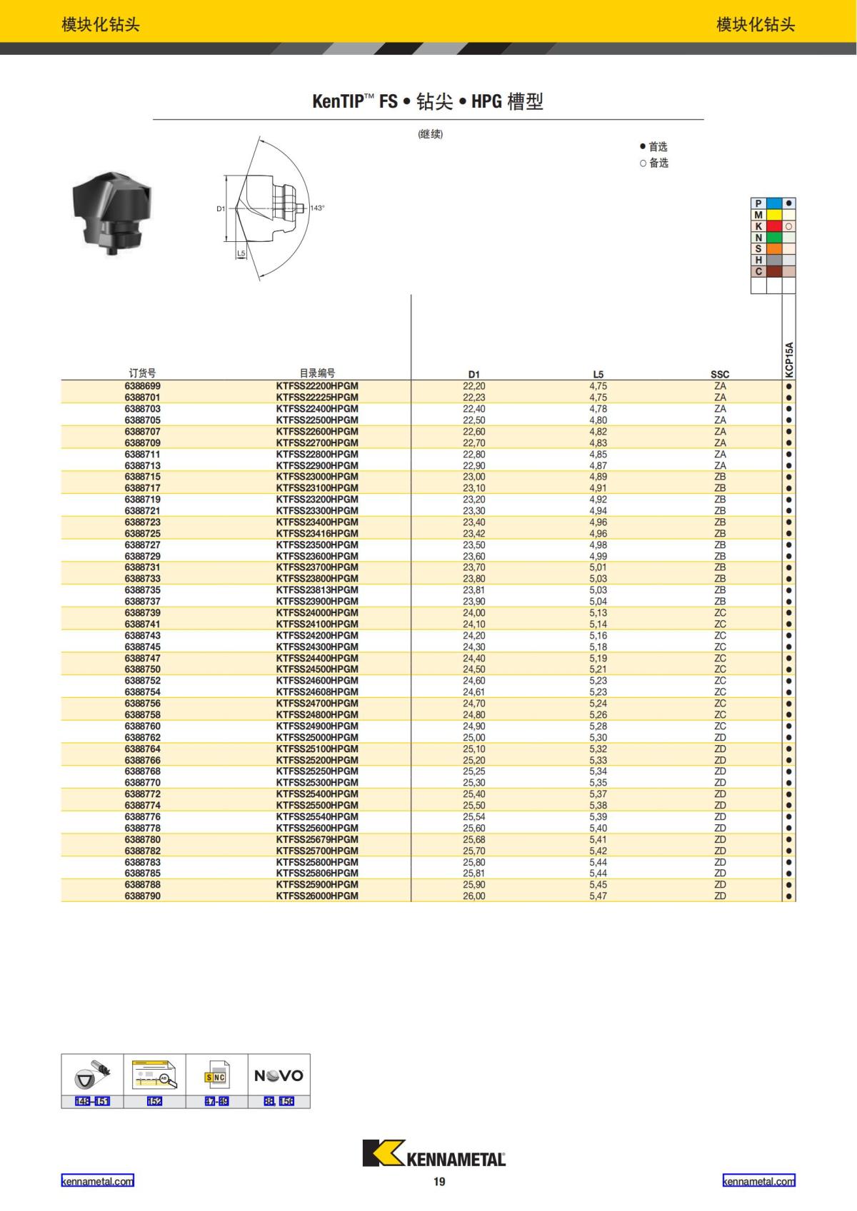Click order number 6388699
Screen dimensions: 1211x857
click(x=142, y=386)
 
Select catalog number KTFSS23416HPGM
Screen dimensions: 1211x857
click(x=317, y=533)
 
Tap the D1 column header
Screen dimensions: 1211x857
click(x=474, y=375)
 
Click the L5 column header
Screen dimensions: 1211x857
click(x=598, y=375)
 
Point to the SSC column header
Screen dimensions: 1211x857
click(x=720, y=375)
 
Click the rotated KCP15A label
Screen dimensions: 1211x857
click(x=789, y=359)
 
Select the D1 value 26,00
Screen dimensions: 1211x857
click(x=474, y=896)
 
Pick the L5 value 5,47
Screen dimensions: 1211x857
click(x=598, y=896)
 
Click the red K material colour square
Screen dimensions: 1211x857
click(x=773, y=226)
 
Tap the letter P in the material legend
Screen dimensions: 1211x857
click(x=758, y=203)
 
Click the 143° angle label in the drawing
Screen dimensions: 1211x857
click(x=317, y=208)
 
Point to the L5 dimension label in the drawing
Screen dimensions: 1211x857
click(x=241, y=253)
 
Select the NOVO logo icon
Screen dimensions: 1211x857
click(x=279, y=1075)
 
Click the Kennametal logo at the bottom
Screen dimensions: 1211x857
click(x=433, y=1153)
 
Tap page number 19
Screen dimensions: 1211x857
click(x=439, y=1182)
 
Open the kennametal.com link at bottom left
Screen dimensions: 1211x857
click(x=97, y=1181)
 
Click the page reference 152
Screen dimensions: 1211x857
click(x=154, y=1101)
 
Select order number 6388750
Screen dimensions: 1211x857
click(x=142, y=669)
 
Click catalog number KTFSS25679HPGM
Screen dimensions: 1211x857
click(x=317, y=839)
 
